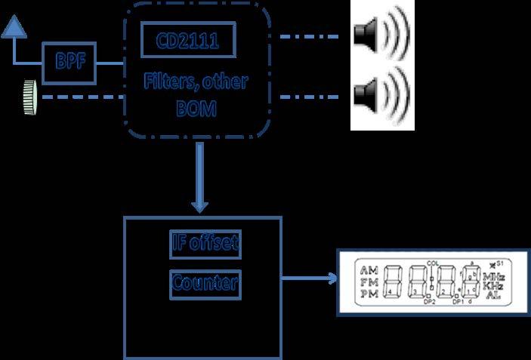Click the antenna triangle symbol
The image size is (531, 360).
pos(14,28)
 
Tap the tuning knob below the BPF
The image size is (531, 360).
pos(31,97)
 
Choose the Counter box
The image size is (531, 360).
pos(205,283)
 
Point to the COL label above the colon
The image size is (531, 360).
pos(432,263)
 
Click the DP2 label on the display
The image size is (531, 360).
pos(430,302)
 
